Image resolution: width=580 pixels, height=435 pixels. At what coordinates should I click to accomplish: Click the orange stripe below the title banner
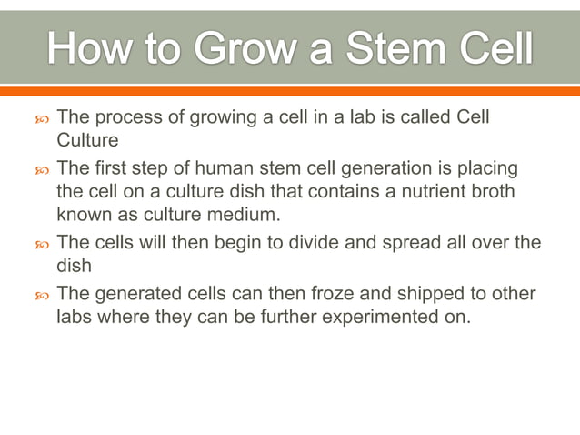point(290,91)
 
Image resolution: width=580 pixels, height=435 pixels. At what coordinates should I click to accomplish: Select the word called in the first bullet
point(416,118)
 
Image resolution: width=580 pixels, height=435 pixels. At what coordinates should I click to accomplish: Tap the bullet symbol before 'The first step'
point(40,170)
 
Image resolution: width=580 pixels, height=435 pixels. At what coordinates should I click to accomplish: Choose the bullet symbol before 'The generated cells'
point(40,295)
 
